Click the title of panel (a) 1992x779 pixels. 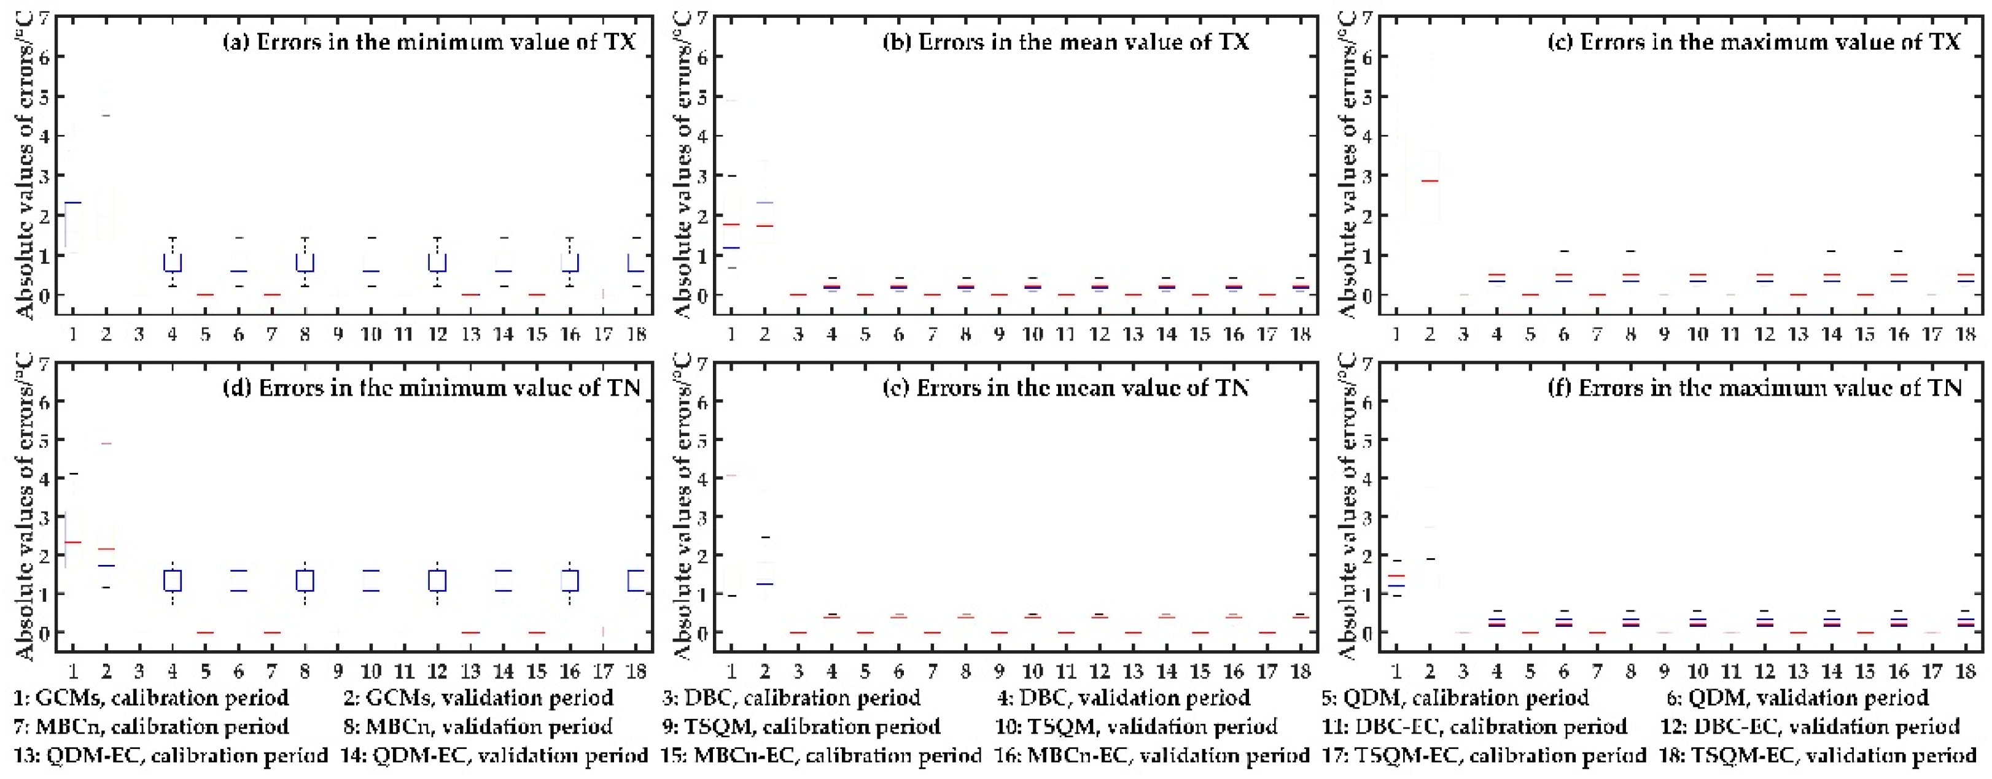pyautogui.click(x=429, y=42)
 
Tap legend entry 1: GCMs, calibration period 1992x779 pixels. pyautogui.click(x=152, y=698)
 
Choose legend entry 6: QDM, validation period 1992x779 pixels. pyautogui.click(x=1798, y=698)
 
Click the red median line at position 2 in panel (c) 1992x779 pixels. pyautogui.click(x=1429, y=181)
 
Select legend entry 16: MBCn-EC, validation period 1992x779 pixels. pyautogui.click(x=1151, y=754)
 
